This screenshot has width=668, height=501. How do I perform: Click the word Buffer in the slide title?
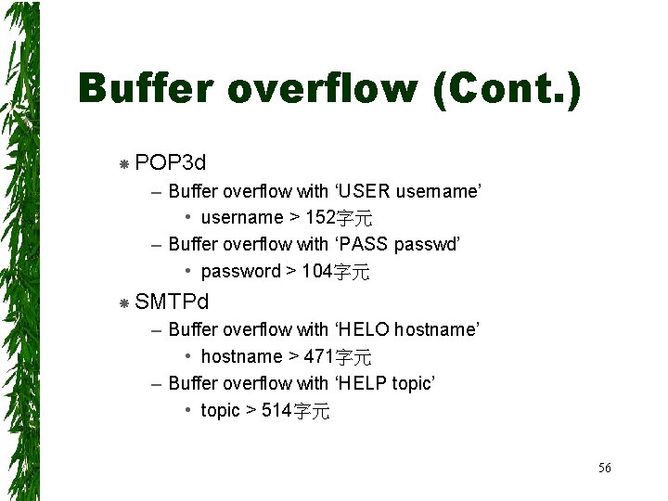point(148,89)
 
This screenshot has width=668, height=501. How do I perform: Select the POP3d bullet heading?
point(170,163)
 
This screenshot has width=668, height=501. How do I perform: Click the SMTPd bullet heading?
point(172,302)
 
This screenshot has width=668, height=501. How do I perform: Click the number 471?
point(317,356)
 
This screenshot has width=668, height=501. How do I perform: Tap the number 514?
point(276,411)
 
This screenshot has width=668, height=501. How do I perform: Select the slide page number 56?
point(604,468)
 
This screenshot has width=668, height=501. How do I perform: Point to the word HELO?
point(364,329)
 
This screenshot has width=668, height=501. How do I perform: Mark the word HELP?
point(364,383)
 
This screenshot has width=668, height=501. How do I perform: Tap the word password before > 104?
point(240,272)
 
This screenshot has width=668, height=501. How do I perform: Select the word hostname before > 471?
point(241,356)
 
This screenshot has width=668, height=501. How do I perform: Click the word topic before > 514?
point(220,411)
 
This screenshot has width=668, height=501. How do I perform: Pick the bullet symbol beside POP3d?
point(123,164)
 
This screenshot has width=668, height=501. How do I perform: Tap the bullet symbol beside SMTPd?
point(123,302)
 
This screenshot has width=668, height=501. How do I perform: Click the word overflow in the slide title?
point(320,89)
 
